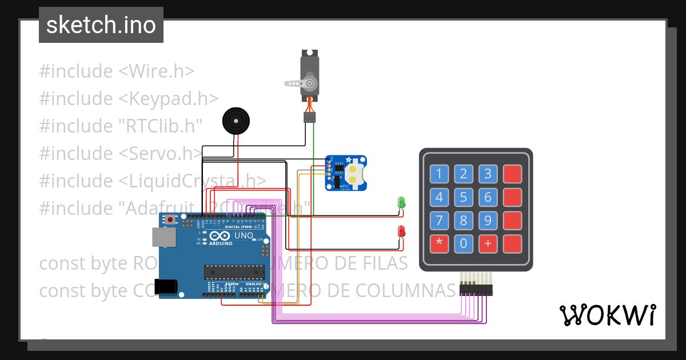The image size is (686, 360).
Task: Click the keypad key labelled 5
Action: (464, 198)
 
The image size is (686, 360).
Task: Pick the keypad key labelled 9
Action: (488, 221)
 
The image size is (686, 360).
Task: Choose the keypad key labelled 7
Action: (439, 221)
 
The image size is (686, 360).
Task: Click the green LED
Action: (401, 202)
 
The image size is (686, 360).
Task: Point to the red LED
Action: (401, 231)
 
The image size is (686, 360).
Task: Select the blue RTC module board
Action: (346, 173)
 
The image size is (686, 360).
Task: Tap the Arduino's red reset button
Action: (170, 219)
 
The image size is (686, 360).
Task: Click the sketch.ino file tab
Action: (101, 25)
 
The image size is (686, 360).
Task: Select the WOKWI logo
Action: (607, 314)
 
